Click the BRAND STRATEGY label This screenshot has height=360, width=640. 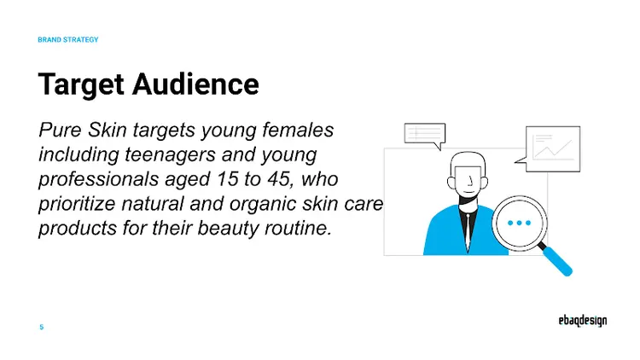click(x=68, y=40)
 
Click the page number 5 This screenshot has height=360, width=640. click(x=41, y=327)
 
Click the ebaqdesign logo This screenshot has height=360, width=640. click(x=577, y=321)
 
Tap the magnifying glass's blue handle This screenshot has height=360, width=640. click(x=558, y=260)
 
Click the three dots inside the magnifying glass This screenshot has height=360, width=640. click(x=518, y=223)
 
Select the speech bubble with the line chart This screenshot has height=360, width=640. click(x=552, y=148)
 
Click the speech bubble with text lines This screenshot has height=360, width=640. click(x=424, y=135)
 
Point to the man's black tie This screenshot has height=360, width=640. click(x=466, y=225)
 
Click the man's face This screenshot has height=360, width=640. click(x=466, y=177)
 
